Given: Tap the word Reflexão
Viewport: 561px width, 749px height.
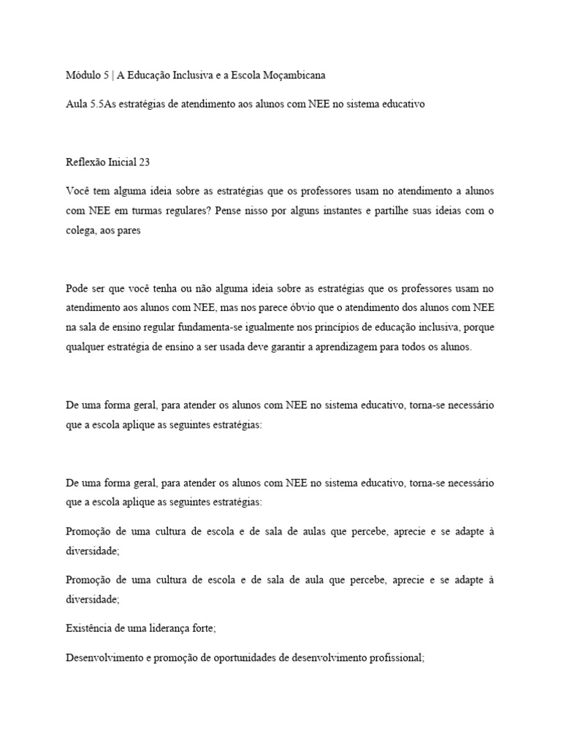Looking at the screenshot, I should [x=85, y=163].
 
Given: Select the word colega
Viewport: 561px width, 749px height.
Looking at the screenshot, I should [x=81, y=232].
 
